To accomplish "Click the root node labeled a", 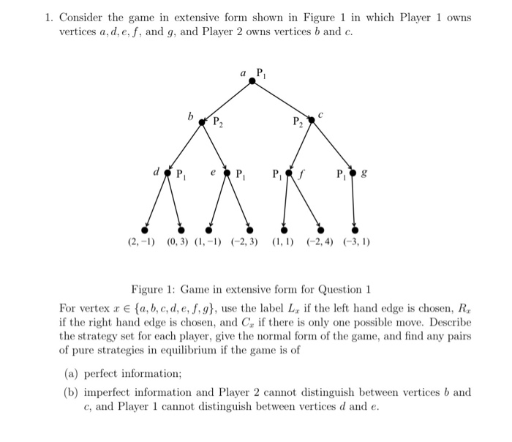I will click(x=253, y=81).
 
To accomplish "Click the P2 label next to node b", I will click(x=217, y=123).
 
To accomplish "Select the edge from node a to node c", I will click(x=282, y=100).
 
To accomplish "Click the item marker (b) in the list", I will click(x=72, y=392).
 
